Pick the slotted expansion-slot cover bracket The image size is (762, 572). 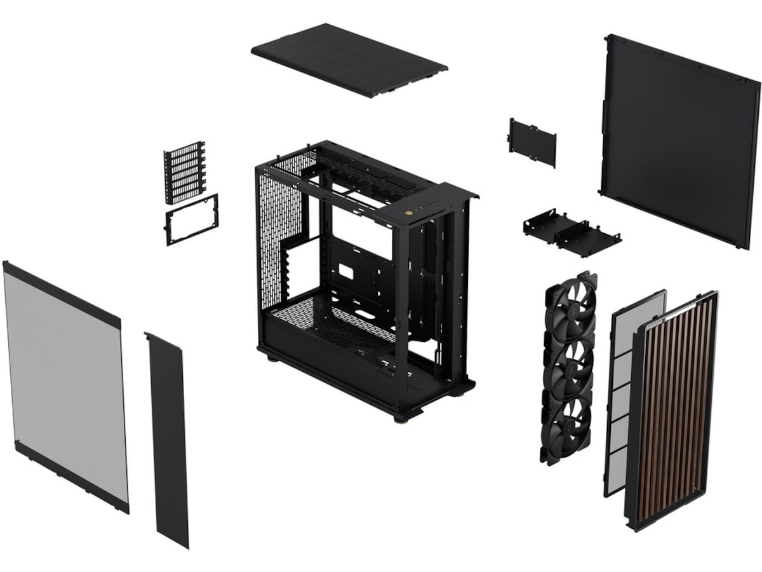pos(185,172)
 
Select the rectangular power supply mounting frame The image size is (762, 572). pos(191,219)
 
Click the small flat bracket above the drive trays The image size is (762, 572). pos(532,142)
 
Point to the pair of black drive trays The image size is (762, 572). pos(571,233)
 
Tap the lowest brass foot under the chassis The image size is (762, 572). pos(400,419)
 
